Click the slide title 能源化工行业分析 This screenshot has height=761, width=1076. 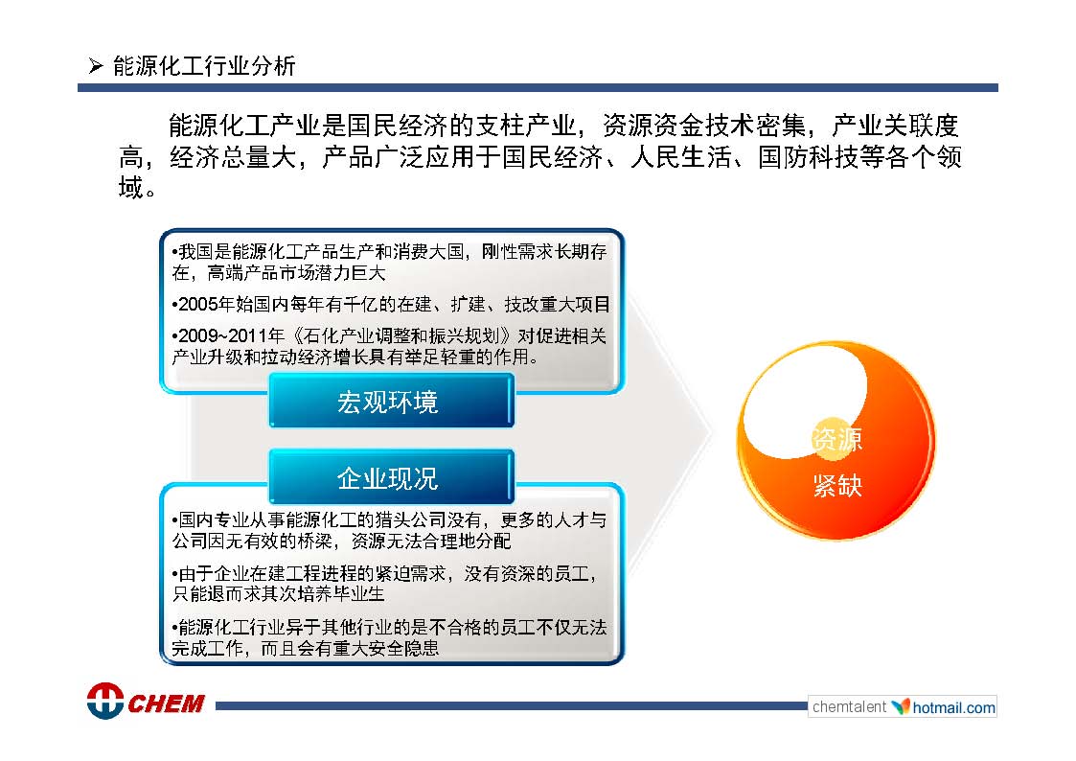[x=204, y=66]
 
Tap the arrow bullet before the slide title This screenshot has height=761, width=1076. [x=96, y=66]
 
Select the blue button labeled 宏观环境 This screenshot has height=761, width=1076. [x=391, y=401]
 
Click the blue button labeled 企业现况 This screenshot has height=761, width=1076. [x=391, y=477]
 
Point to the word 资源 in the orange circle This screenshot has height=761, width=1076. [x=836, y=439]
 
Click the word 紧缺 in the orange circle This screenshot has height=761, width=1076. [x=837, y=485]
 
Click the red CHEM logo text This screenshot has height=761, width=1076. [x=166, y=703]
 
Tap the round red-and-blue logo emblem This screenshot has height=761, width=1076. [x=105, y=701]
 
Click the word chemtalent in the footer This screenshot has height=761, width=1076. [x=849, y=706]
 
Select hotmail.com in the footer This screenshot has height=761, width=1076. [x=954, y=707]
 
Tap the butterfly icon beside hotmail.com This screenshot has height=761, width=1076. [x=900, y=706]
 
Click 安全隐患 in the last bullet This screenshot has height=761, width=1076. [x=403, y=648]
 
